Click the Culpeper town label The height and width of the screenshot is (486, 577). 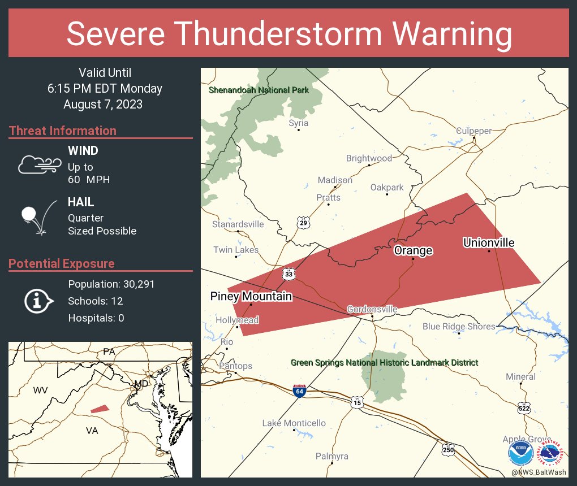[x=474, y=131]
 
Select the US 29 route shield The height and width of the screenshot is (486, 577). [x=304, y=223]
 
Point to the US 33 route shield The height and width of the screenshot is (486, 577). [x=288, y=274]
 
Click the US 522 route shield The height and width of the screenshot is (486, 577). [x=524, y=407]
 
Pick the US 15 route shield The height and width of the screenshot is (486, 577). [x=356, y=402]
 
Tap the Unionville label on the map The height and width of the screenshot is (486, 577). [x=489, y=243]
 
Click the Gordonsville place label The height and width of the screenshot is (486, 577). [x=372, y=309]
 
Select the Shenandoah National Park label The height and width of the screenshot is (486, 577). [x=259, y=90]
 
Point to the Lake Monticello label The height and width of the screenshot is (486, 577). [x=294, y=423]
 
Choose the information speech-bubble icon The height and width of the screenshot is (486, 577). [x=38, y=301]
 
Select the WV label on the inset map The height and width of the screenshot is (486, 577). [x=40, y=390]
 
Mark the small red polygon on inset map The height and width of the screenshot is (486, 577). [x=100, y=409]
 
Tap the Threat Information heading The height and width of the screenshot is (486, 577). [x=63, y=131]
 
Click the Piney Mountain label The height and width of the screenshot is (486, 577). [x=251, y=296]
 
